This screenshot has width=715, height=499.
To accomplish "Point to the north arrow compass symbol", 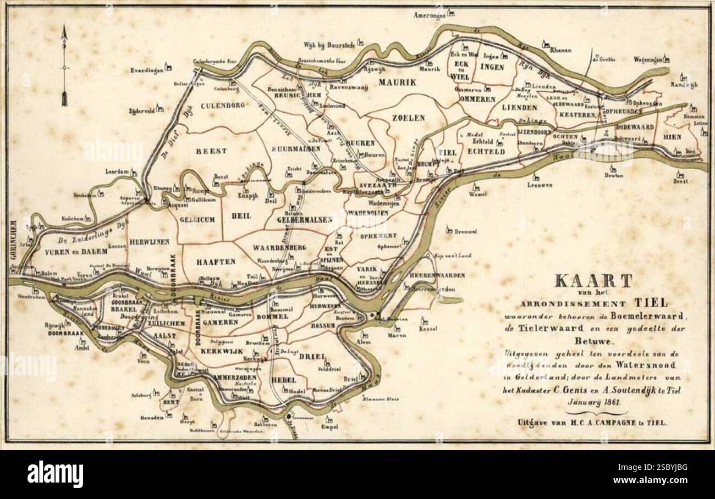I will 65,66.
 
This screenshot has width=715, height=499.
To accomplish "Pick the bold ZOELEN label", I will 409,118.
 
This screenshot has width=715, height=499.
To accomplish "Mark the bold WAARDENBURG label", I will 279,248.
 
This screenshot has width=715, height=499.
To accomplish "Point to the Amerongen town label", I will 429,15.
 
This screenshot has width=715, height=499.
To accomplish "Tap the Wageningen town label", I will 647,59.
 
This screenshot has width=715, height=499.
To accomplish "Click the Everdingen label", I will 147,70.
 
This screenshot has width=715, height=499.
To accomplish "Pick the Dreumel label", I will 465,232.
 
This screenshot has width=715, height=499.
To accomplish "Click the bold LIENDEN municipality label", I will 519,107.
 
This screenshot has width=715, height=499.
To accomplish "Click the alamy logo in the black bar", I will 56,474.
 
